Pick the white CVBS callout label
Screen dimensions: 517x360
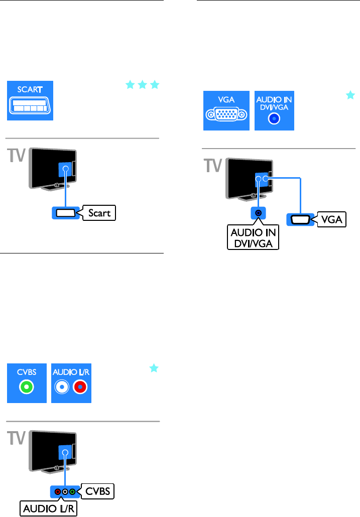tap(98, 490)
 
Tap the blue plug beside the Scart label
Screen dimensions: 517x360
tap(64, 213)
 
